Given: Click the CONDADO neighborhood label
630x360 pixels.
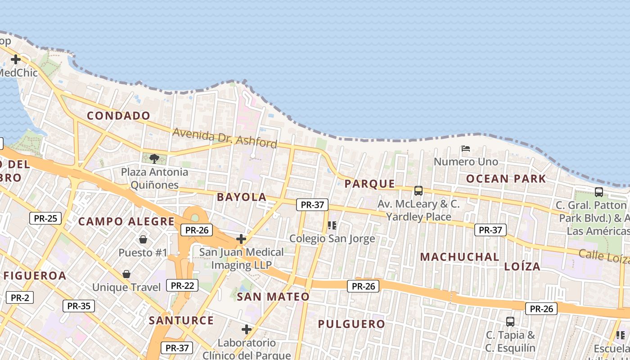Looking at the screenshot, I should coord(118,116).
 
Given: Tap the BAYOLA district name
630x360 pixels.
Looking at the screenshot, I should coord(242,197).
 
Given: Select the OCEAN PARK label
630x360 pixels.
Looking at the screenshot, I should coord(506,179).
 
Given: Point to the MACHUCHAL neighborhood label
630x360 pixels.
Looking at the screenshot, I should coord(459,257).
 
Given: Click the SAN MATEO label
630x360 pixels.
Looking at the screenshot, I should coord(273,297).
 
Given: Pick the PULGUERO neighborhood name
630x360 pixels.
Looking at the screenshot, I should coord(351,324).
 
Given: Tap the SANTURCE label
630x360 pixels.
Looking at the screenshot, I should coord(181,320).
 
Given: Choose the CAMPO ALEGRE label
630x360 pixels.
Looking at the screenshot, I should coord(126,221).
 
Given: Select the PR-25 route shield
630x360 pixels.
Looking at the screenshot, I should coord(45,219).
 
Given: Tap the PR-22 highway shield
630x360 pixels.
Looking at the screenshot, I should coord(182,285).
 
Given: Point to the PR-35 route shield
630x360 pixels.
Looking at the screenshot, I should coord(79,306).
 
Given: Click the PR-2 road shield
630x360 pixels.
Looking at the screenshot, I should coord(20,297).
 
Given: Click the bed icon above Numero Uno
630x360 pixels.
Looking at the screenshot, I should coord(466,148).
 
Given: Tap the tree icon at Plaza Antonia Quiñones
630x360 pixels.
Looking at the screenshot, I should coord(154,158).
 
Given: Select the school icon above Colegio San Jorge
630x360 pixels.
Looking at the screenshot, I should coord(332,225).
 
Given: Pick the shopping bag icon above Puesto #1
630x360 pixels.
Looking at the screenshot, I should coord(143,239).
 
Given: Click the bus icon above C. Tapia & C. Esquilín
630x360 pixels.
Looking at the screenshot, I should coord(510,322).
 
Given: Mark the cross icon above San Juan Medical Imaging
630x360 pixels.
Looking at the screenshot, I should coord(241,239).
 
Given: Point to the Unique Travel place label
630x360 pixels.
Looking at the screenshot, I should coord(126,287).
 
